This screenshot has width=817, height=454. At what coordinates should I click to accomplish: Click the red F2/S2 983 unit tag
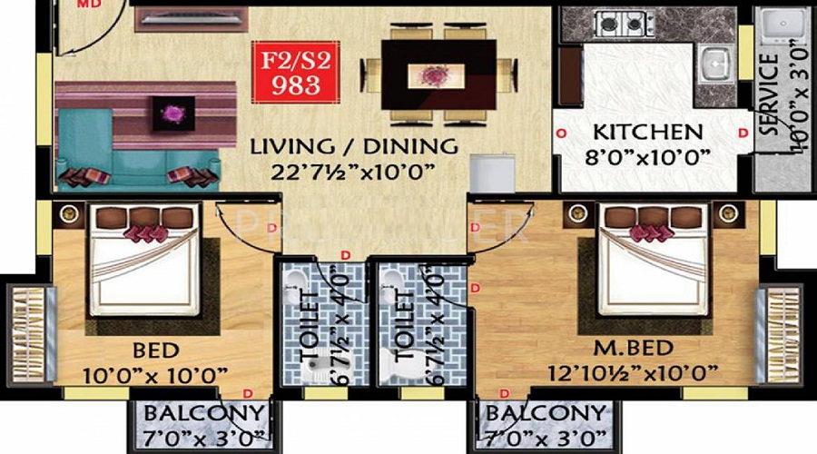click(x=292, y=74)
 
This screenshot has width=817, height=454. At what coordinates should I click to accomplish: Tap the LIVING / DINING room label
click(x=354, y=145)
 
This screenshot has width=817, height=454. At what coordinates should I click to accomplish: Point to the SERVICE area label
click(x=768, y=95)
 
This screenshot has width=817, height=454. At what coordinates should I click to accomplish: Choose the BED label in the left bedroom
click(x=156, y=350)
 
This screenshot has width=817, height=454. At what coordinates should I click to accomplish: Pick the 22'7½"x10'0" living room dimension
click(x=354, y=171)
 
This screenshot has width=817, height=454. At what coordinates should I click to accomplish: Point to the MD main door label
click(x=88, y=4)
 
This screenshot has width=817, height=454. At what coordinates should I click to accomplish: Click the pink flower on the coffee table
click(x=171, y=113)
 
